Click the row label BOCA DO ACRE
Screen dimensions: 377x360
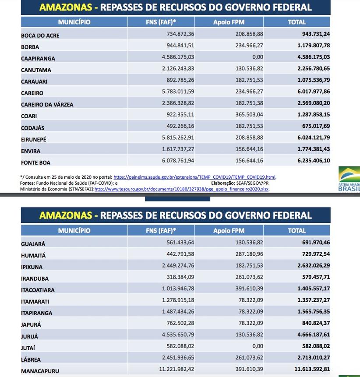[40, 35]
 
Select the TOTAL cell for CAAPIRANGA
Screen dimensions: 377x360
[314, 57]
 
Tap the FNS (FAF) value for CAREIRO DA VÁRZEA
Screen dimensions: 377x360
[178, 103]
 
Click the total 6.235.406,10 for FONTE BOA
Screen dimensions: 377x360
[314, 161]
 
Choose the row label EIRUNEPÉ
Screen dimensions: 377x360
[34, 139]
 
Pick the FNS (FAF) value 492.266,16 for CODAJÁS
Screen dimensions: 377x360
[180, 126]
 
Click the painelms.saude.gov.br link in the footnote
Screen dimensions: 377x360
[194, 177]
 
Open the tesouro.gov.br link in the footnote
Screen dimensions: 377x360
[182, 189]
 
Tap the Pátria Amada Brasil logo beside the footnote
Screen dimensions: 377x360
[349, 179]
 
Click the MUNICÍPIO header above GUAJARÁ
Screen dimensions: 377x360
[74, 231]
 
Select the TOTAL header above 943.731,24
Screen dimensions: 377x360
[296, 22]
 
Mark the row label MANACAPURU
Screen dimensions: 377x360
[40, 371]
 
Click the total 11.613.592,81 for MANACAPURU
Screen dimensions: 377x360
[312, 370]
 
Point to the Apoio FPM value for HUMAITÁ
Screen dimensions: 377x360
[248, 254]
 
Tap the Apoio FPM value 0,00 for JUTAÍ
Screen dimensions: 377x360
[258, 346]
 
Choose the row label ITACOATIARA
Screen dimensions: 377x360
[38, 290]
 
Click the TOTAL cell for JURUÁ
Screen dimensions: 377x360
[314, 335]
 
